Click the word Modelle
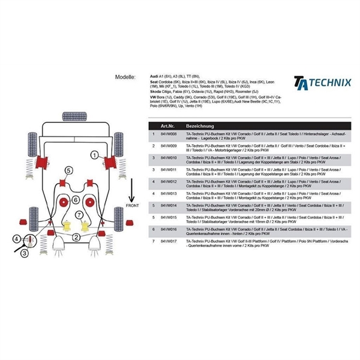[x=125, y=78]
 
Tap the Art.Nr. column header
[x=165, y=127]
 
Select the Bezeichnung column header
[x=201, y=127]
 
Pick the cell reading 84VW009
[x=167, y=146]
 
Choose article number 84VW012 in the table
[x=167, y=181]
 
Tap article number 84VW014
[x=167, y=205]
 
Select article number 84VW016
[x=167, y=229]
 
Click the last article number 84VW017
[x=167, y=241]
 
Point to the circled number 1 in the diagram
[x=94, y=155]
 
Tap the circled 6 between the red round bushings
[x=76, y=200]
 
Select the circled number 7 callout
[x=77, y=214]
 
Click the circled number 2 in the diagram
[x=76, y=238]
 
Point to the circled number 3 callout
[x=23, y=253]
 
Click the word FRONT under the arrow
[x=133, y=206]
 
